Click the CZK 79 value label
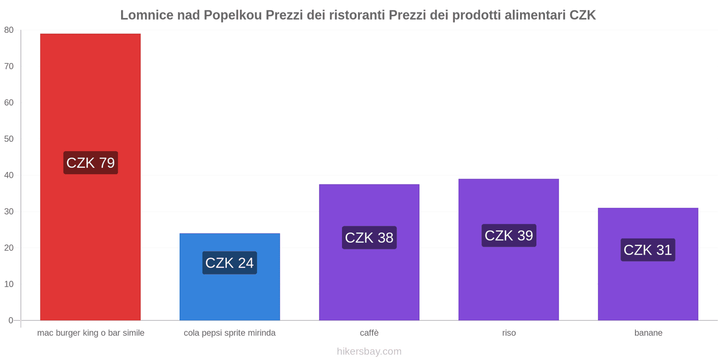pos(90,163)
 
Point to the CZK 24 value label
pos(229,263)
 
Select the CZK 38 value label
pos(369,238)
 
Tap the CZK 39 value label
pos(508,235)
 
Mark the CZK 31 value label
pos(648,250)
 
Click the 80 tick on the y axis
pos(9,30)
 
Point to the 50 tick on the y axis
pos(9,139)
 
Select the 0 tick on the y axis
pos(11,320)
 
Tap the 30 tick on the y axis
pos(9,211)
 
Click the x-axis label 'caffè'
pos(369,333)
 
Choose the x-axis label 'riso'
pos(508,333)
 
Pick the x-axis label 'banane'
pos(648,333)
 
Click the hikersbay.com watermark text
pos(369,351)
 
